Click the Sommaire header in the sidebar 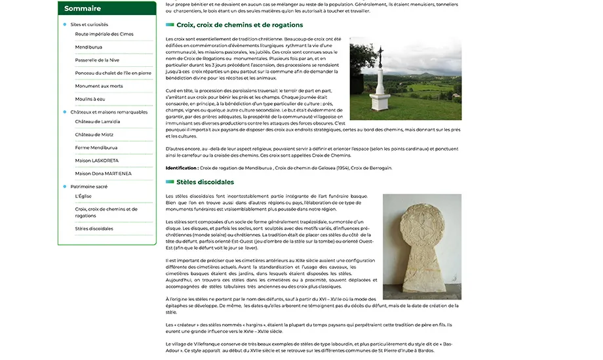point(83,9)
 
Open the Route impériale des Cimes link point(104,34)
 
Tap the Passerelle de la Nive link point(97,60)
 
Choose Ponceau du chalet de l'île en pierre point(113,73)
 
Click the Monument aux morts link point(98,86)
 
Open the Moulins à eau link point(90,98)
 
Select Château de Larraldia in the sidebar point(97,121)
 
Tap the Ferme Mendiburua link point(96,148)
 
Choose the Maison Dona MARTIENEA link point(103,174)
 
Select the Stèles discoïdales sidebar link point(94,229)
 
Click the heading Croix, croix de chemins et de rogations point(239,25)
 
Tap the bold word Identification point(182,168)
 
